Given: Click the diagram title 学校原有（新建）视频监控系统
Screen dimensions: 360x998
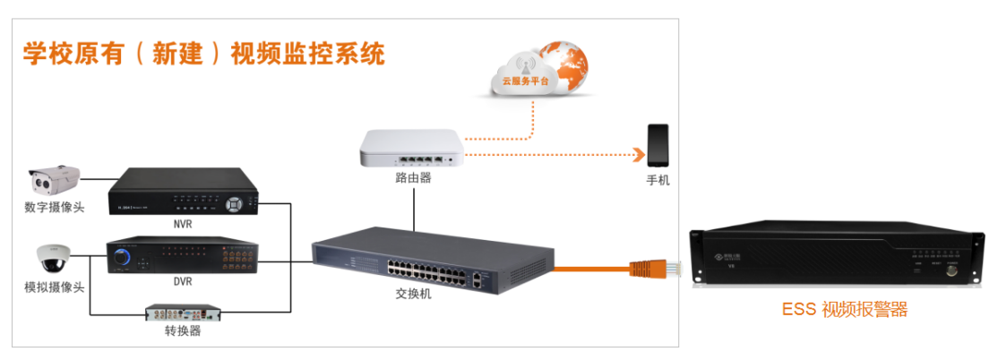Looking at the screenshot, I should [x=203, y=53].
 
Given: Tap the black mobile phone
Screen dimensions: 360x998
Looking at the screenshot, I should [x=658, y=145].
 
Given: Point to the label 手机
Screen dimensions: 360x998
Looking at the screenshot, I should [x=658, y=180].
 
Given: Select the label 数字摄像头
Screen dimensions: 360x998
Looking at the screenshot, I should [x=55, y=208].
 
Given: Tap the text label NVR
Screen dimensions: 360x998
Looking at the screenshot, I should [x=183, y=224].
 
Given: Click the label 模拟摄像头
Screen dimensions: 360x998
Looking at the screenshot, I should [x=55, y=287].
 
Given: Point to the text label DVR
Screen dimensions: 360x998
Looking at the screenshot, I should [x=183, y=282].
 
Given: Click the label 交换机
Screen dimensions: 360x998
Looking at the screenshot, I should [x=414, y=293].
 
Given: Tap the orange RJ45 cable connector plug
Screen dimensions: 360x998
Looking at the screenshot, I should [x=654, y=267].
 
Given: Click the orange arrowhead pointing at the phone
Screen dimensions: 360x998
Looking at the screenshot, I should [x=638, y=155].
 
